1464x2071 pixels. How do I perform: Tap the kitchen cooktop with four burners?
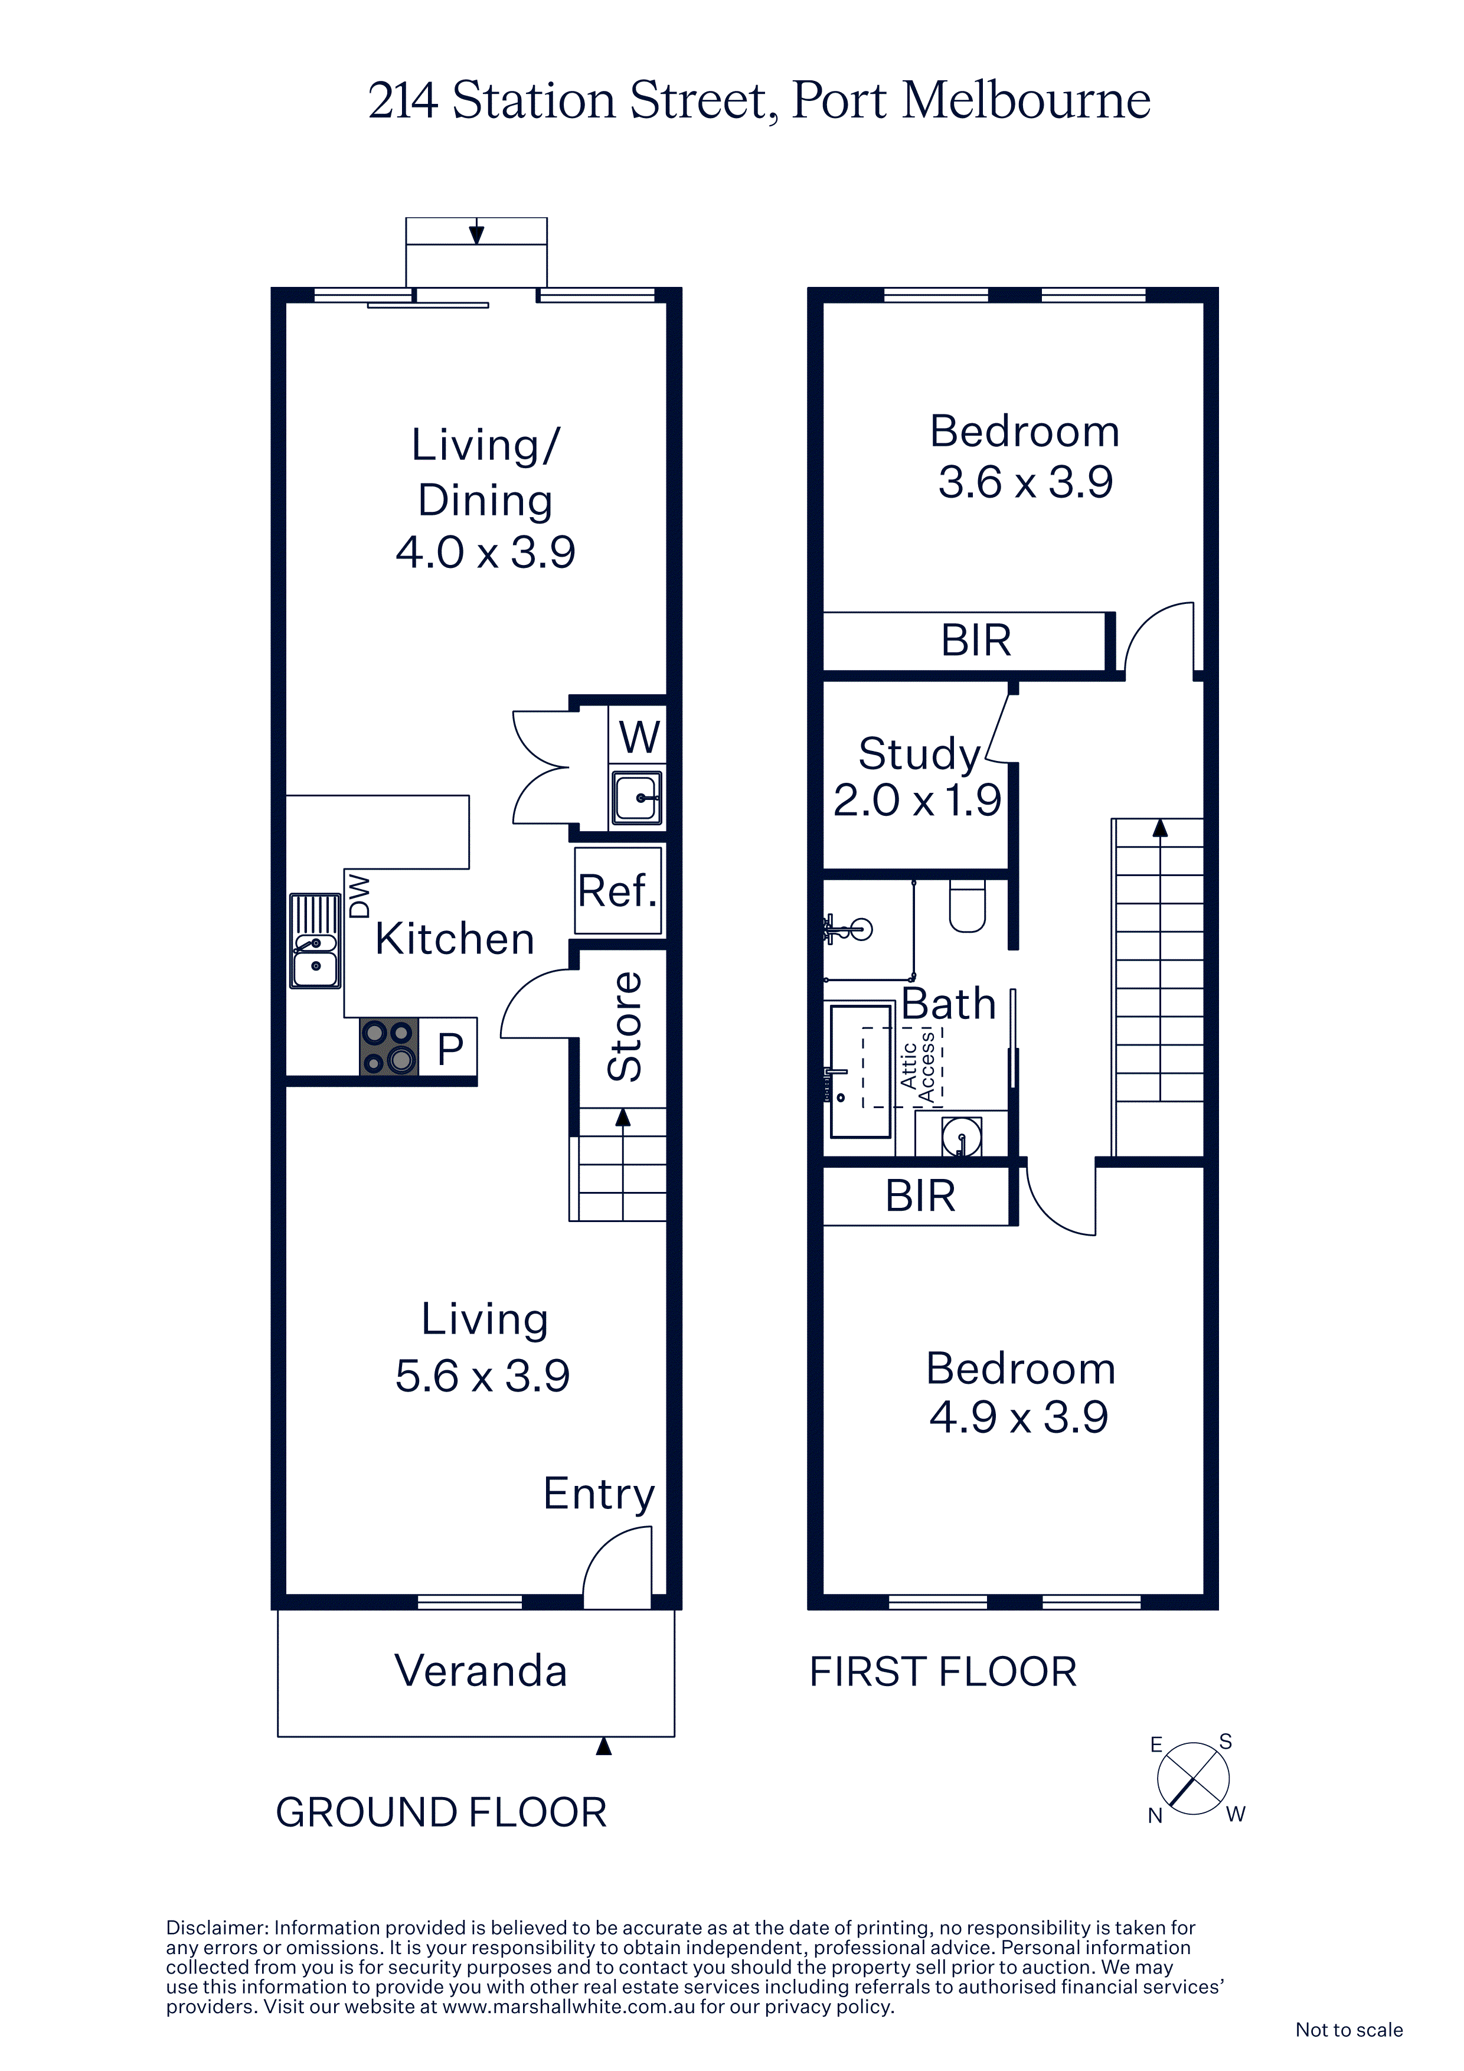389,1046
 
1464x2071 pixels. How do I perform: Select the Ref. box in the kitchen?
618,890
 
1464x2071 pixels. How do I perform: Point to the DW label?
359,896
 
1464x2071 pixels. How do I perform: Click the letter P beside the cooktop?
450,1048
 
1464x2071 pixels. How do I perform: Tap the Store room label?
624,1027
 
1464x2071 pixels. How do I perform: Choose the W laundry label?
639,736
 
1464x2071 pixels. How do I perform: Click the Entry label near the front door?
599,1495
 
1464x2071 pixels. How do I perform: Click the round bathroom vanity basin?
962,1136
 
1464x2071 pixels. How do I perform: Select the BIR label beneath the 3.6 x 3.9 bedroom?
976,641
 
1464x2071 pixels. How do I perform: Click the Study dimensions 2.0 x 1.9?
916,799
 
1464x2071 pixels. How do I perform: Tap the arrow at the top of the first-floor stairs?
1160,828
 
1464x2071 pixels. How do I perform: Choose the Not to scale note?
1348,2030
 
